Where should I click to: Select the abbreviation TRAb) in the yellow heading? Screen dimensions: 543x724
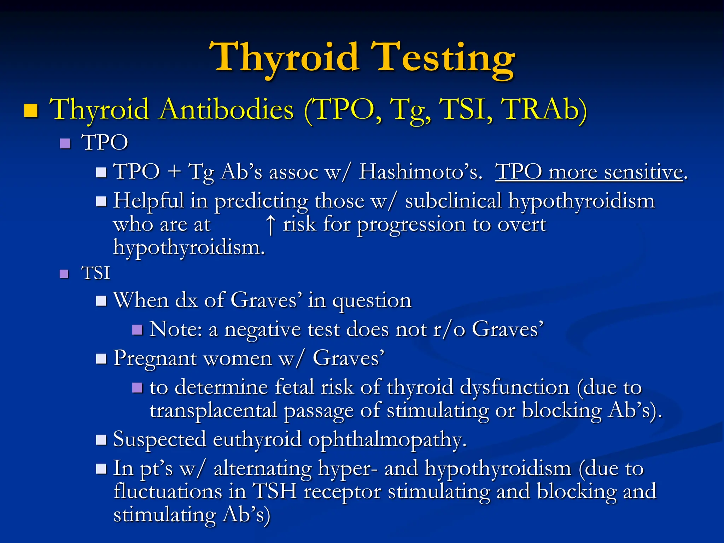544,110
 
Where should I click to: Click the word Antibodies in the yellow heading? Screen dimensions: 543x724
226,110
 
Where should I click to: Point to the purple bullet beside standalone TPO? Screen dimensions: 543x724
65,143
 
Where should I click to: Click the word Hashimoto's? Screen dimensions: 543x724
420,172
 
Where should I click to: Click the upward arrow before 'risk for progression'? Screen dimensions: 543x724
270,225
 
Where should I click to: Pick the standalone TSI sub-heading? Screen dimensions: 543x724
95,273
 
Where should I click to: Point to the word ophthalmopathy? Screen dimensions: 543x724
387,440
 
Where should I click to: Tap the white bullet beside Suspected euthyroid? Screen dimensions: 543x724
101,440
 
